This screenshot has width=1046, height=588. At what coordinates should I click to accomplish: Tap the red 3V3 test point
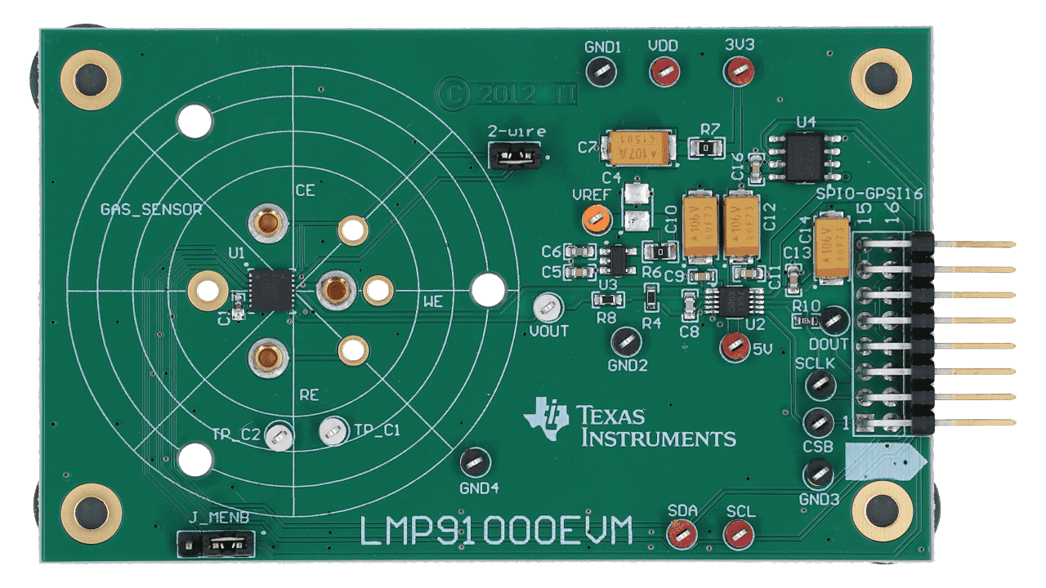click(x=739, y=72)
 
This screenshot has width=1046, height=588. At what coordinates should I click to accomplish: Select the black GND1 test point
click(x=602, y=72)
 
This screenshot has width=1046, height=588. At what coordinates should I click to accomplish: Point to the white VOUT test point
click(x=547, y=308)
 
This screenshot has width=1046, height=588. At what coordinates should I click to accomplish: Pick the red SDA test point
click(x=681, y=535)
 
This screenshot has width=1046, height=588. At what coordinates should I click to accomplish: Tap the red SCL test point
click(x=739, y=535)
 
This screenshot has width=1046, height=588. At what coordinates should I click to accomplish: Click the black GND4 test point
click(x=474, y=462)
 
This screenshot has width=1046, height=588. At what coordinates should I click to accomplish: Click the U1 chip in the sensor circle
click(x=270, y=290)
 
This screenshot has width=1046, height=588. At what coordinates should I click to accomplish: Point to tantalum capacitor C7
click(x=637, y=149)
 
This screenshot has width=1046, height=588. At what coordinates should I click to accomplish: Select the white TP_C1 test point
click(x=333, y=430)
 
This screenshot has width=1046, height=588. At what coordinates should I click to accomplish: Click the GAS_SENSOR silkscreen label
click(x=150, y=209)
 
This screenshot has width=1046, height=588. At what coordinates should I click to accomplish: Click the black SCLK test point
click(x=819, y=385)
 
